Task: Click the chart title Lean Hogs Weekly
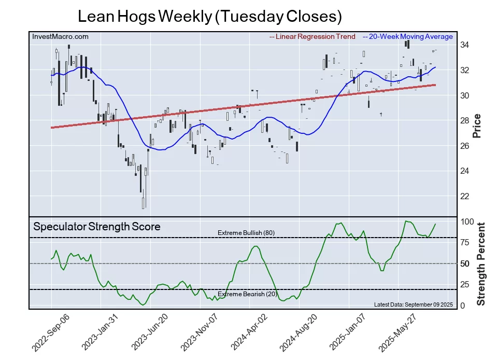(x=209, y=16)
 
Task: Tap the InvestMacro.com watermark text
(x=60, y=36)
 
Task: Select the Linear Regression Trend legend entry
(x=313, y=36)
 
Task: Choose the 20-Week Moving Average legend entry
(x=408, y=36)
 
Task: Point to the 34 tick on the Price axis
(x=465, y=45)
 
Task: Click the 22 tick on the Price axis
(x=465, y=196)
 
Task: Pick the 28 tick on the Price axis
(x=465, y=120)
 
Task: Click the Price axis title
(x=477, y=125)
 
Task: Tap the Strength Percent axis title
(x=480, y=264)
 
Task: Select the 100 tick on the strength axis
(x=467, y=221)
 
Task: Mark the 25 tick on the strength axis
(x=465, y=284)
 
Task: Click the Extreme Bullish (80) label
(x=246, y=232)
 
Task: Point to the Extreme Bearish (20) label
(x=247, y=294)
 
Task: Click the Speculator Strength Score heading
(x=97, y=227)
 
